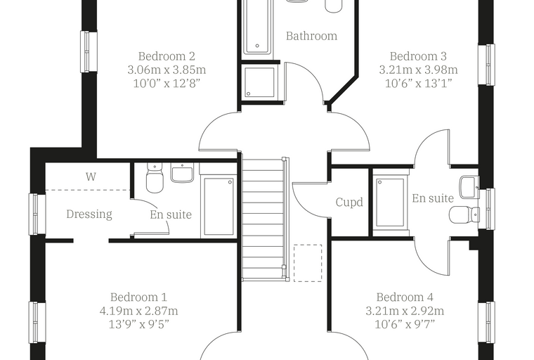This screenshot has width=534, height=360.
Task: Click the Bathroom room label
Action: coord(311,36)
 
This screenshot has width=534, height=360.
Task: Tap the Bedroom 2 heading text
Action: coord(167,56)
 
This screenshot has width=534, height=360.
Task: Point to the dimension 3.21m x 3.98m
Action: coord(418,70)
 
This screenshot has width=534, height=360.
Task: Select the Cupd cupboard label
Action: coord(349,202)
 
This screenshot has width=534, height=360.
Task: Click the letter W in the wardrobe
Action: coord(91,176)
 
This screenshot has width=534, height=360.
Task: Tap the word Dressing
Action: coord(89,214)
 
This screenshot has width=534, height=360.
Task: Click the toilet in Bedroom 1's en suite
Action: coord(155,177)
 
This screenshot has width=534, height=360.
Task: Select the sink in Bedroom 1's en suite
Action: coord(182,172)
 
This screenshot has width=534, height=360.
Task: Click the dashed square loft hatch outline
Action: coord(308,263)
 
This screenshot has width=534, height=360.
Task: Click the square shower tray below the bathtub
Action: coord(259,82)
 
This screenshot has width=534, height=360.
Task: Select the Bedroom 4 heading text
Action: coord(405,297)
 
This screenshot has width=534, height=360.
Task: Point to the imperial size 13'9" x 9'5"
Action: coord(139,324)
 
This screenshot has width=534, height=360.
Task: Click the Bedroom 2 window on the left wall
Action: coord(89,52)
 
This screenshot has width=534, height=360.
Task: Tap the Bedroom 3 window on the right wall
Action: coord(486,65)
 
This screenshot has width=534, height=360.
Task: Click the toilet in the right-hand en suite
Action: coord(464,214)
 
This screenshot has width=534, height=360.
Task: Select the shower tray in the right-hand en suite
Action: coord(390,202)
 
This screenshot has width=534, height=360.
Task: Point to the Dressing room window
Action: coord(37,214)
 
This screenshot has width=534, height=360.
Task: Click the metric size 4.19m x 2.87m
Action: coord(139,311)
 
